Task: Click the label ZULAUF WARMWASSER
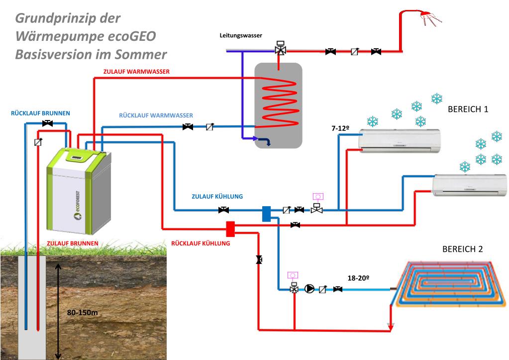click(136, 72)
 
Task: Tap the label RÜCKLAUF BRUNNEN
click(40, 113)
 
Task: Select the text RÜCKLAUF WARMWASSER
click(156, 116)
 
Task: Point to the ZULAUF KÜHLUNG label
click(217, 196)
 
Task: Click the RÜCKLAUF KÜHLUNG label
click(201, 243)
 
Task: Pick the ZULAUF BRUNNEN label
click(72, 243)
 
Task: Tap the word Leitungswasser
click(241, 36)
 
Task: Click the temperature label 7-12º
click(340, 128)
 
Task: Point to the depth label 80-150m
click(82, 313)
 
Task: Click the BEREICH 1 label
click(468, 110)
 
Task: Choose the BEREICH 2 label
click(462, 249)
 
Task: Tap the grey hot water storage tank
click(278, 105)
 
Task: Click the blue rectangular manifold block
click(267, 213)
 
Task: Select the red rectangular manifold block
click(230, 229)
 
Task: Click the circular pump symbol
click(309, 289)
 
